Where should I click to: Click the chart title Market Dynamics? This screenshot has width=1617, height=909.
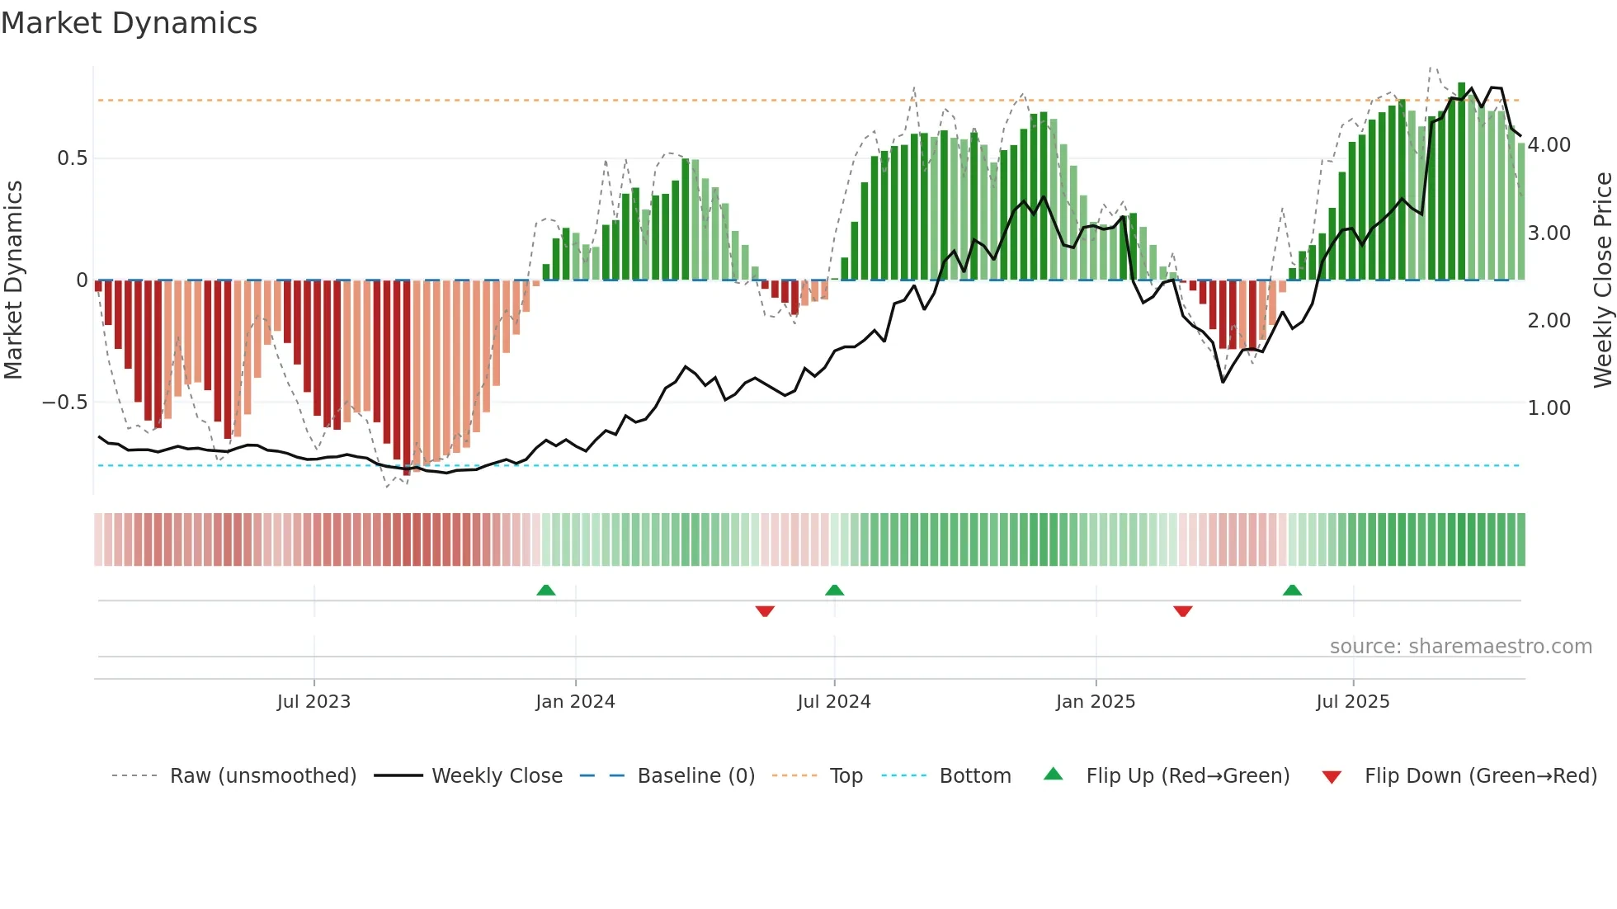click(x=130, y=23)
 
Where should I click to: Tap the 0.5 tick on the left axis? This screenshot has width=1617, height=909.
click(x=72, y=158)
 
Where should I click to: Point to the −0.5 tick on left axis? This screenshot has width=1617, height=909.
click(x=64, y=403)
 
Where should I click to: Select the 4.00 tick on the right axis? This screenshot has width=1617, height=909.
click(x=1549, y=145)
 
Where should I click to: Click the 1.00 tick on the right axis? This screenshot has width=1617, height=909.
click(x=1549, y=408)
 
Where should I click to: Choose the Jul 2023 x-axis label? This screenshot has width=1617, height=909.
click(x=313, y=702)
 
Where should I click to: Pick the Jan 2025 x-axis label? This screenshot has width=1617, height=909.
click(x=1096, y=702)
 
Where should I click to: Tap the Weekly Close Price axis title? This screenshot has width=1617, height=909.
click(x=1602, y=280)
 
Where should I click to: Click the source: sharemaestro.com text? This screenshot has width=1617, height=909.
click(x=1460, y=647)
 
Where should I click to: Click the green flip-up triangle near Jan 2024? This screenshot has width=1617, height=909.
click(x=546, y=591)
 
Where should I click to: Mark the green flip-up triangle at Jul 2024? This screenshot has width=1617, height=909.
click(x=834, y=591)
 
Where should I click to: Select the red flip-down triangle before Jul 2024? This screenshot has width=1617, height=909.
click(x=765, y=611)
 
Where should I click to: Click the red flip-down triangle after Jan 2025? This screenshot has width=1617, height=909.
click(x=1183, y=611)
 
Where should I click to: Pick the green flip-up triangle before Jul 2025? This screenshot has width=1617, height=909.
click(x=1292, y=591)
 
